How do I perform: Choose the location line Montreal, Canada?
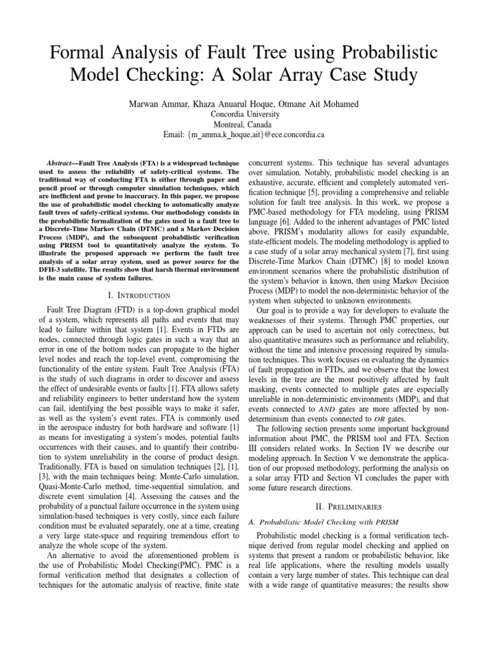point(244,124)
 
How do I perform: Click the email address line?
point(244,135)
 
